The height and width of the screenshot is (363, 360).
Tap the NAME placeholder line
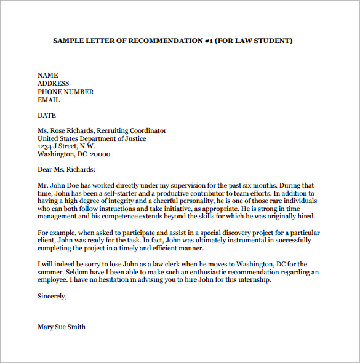tap(48, 75)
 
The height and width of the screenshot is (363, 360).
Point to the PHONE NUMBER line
tap(66, 92)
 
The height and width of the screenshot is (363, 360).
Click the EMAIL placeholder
tap(49, 100)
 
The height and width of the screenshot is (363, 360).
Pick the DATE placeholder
tap(47, 115)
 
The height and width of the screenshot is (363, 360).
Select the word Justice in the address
tap(134, 138)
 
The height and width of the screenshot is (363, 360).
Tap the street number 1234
tap(45, 146)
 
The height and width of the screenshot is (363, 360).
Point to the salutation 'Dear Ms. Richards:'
tap(66, 170)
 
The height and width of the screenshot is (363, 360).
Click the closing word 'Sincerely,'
tap(52, 296)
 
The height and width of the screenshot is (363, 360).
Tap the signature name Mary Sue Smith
tap(62, 327)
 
